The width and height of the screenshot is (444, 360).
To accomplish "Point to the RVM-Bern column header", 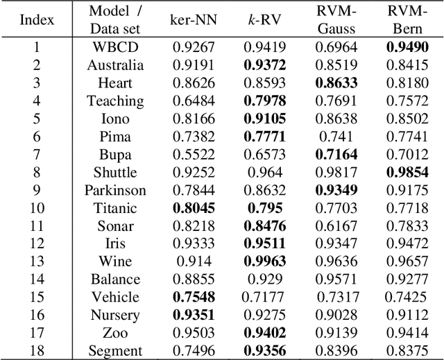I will click(x=408, y=21).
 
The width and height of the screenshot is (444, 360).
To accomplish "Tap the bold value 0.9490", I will click(x=408, y=47).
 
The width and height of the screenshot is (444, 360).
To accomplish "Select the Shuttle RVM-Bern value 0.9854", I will click(x=408, y=172).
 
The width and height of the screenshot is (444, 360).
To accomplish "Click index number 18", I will click(x=37, y=351).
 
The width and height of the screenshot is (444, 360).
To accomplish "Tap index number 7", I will click(x=37, y=154).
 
